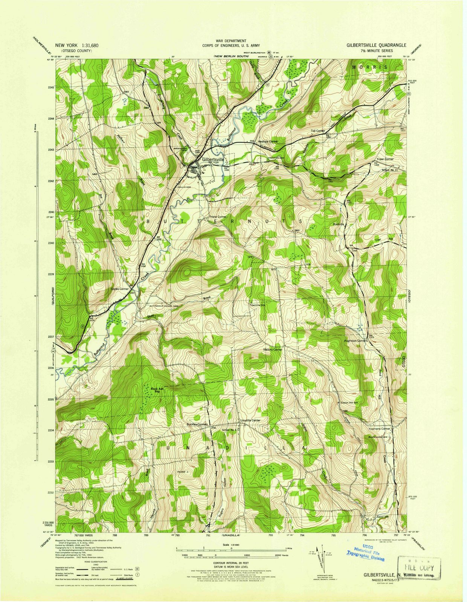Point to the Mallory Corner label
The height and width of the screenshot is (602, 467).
pos(272,350)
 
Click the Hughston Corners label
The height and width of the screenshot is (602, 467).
pos(356,341)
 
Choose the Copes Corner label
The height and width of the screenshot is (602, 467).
pos(119,289)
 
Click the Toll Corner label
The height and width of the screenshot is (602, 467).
pos(317,131)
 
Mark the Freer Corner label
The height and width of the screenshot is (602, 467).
pos(384,159)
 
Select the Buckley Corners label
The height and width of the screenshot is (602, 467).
pos(197,424)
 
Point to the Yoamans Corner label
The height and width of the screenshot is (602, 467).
pos(379,429)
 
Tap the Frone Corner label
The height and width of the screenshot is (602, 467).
pos(218,217)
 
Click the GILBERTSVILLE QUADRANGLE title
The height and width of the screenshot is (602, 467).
pos(377,45)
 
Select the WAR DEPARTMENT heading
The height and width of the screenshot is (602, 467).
pos(231,40)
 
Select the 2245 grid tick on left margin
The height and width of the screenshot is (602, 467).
pos(51,87)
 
